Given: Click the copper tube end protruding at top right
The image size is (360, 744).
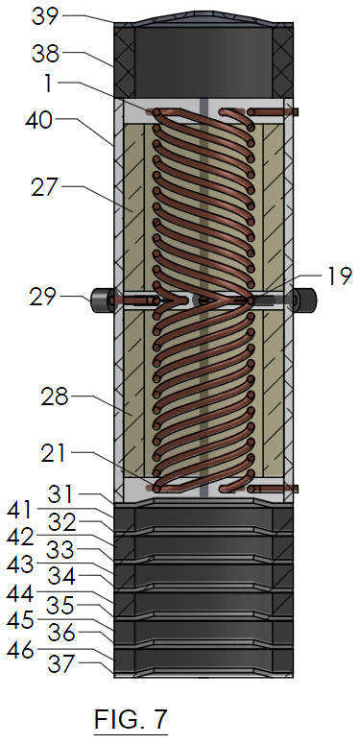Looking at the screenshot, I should click(x=289, y=112).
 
